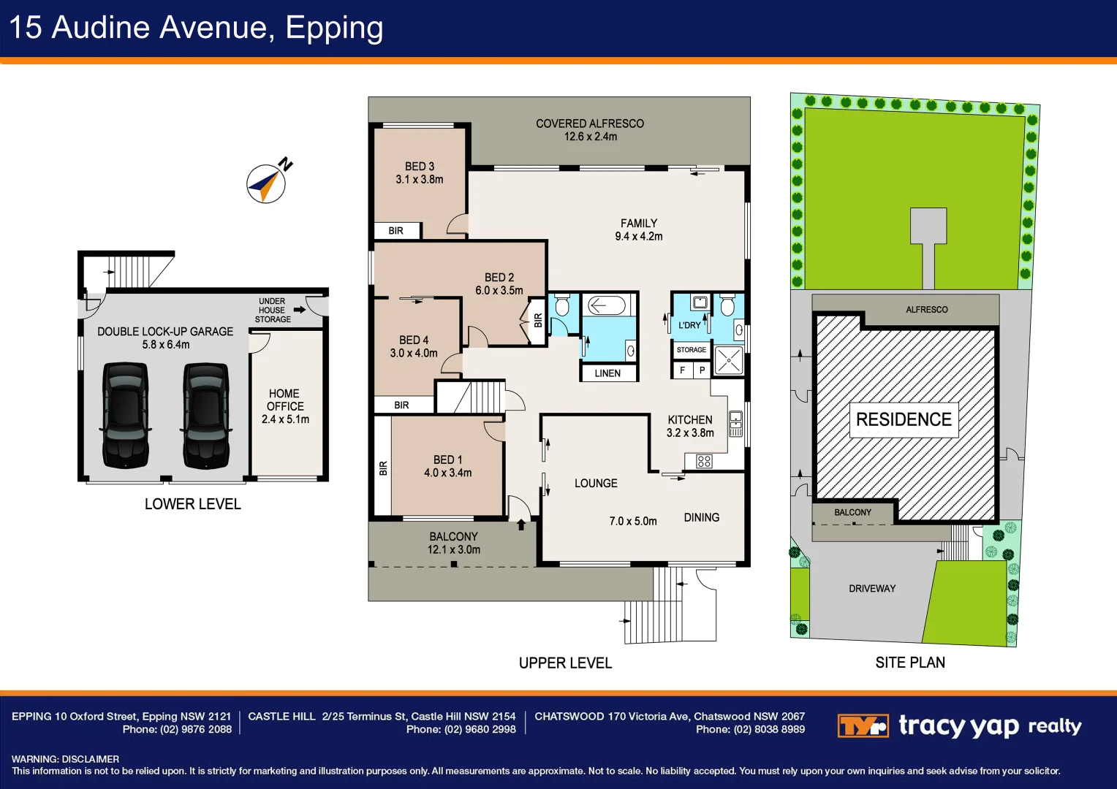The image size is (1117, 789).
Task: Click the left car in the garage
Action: click(125, 415)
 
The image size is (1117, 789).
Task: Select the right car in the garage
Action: click(206, 415)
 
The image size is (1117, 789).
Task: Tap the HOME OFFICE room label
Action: click(284, 400)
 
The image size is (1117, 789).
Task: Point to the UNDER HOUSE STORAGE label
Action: click(272, 310)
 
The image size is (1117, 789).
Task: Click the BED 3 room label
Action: click(420, 166)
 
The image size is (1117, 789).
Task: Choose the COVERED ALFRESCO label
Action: click(590, 123)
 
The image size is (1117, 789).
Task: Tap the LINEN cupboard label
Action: click(607, 373)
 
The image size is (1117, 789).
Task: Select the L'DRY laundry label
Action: click(689, 326)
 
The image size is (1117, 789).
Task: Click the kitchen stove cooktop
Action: click(704, 462)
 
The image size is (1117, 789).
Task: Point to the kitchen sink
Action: click(735, 423)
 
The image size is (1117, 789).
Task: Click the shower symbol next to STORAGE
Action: click(729, 360)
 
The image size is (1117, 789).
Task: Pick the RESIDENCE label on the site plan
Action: click(904, 419)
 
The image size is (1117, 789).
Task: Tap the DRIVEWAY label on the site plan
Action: click(872, 589)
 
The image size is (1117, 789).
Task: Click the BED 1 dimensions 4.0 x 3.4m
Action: click(448, 473)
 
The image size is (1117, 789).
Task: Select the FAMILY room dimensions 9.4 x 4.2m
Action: click(639, 236)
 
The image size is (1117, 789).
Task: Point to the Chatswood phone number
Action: click(751, 730)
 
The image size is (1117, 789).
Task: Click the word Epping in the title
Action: click(335, 28)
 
